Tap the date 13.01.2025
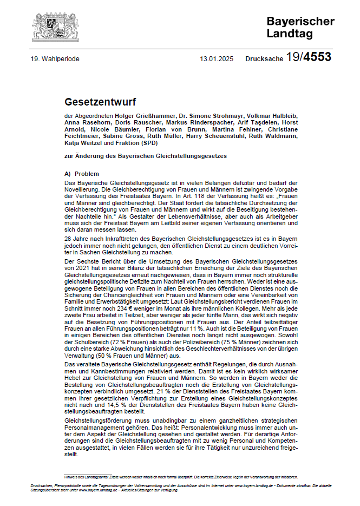tap(217, 59)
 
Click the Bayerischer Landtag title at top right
tap(300, 27)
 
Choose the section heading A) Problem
tap(81, 174)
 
